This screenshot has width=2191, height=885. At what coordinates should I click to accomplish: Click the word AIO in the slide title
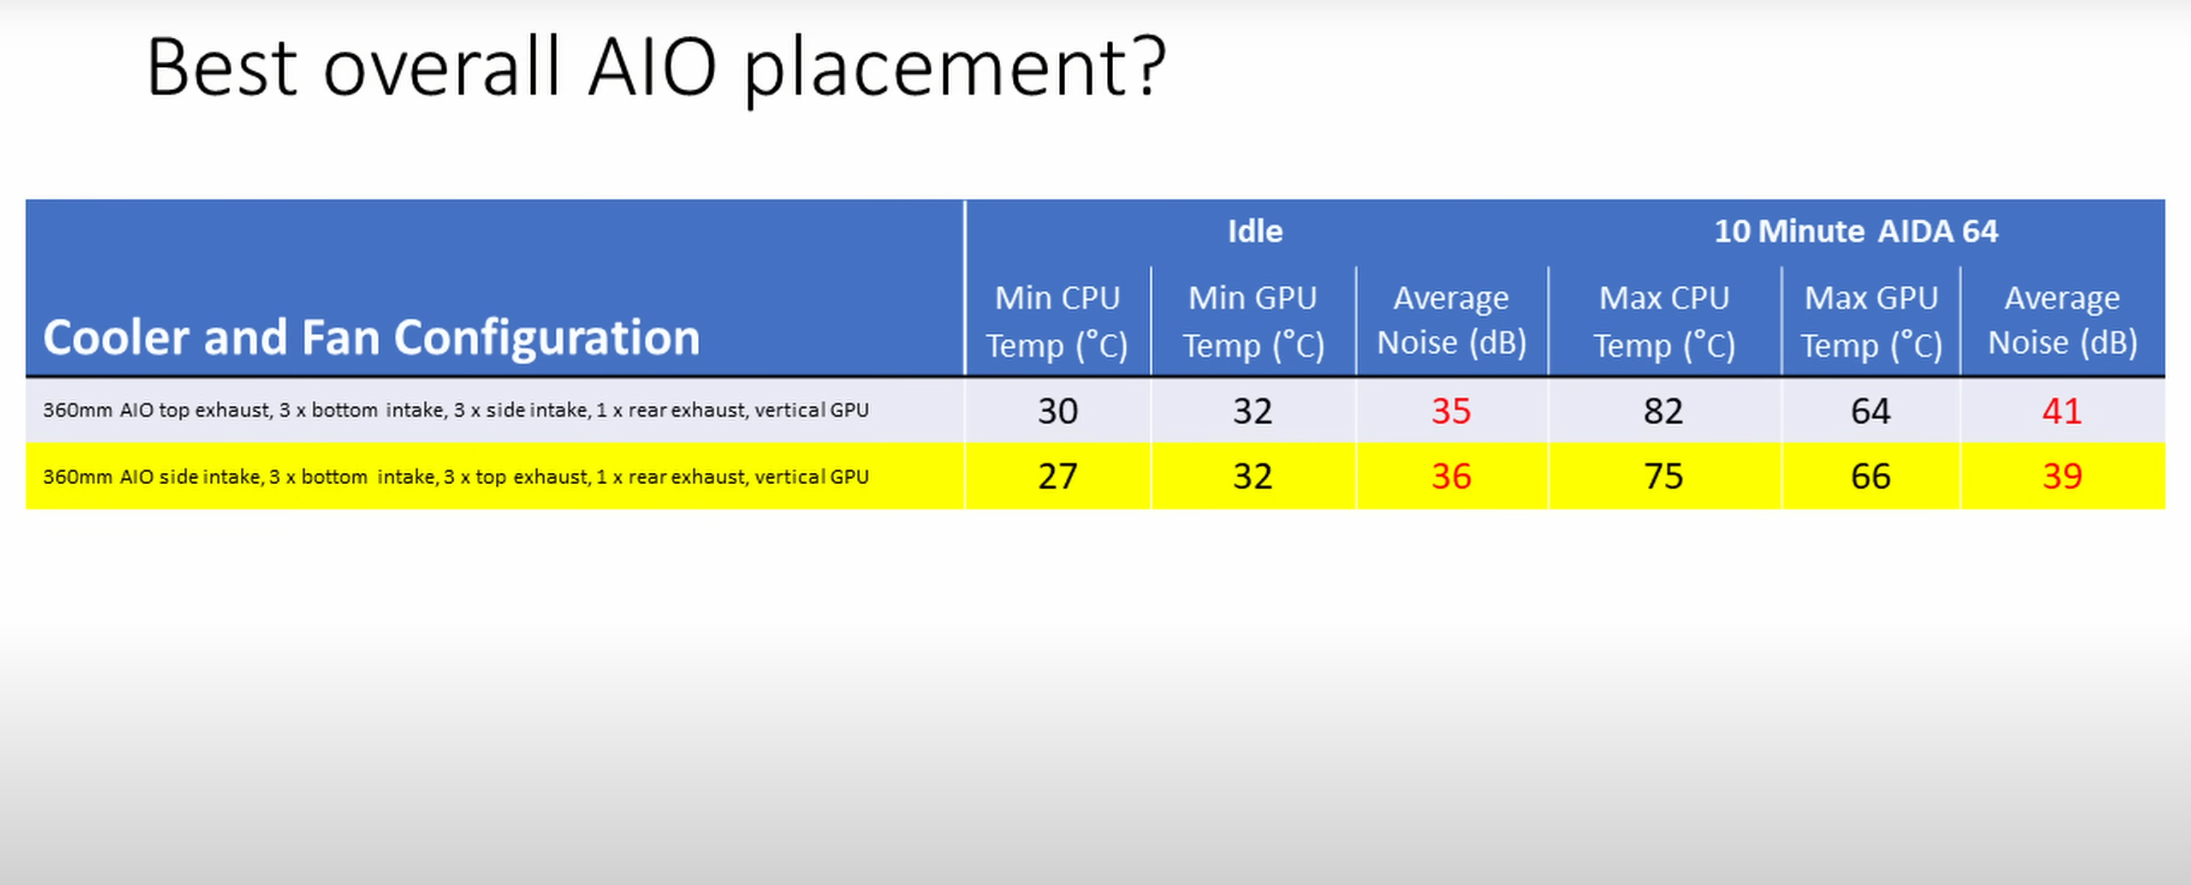click(652, 66)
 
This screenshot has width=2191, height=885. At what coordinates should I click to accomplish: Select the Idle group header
click(1255, 231)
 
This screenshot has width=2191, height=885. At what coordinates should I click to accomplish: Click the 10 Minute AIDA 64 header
click(1856, 231)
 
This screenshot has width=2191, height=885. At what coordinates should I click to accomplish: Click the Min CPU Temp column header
click(1057, 321)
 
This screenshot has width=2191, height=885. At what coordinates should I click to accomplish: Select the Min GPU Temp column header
click(1253, 321)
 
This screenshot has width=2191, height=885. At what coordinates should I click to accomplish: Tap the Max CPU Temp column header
click(1664, 321)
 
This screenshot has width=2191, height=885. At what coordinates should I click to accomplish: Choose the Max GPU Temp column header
click(1871, 321)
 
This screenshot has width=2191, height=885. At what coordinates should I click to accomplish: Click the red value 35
click(1451, 411)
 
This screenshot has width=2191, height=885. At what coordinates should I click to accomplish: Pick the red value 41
click(2061, 411)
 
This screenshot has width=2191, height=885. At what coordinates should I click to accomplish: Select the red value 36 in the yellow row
click(1451, 476)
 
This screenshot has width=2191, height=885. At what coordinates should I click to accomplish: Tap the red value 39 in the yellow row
click(2061, 476)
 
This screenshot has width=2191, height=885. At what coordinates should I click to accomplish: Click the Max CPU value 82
click(1664, 411)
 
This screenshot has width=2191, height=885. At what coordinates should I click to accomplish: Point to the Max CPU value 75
click(1664, 476)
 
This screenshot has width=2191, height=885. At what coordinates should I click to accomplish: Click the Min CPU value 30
click(1057, 411)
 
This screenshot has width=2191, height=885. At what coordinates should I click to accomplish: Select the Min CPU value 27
click(1057, 476)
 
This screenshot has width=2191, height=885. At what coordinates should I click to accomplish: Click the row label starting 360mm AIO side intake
click(456, 477)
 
